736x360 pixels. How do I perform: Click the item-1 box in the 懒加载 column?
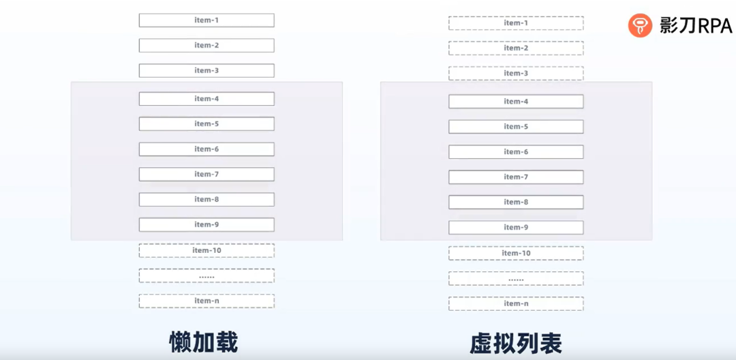pos(206,20)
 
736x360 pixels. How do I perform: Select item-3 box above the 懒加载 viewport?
pos(206,71)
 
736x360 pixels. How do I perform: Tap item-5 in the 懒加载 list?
pos(206,124)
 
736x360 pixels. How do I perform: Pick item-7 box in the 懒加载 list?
pos(206,175)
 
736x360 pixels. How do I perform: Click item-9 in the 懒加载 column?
pos(206,225)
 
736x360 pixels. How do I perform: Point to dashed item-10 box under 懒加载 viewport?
pos(206,250)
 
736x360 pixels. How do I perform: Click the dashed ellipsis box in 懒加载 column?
pos(206,275)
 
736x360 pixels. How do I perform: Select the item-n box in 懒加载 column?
pos(206,301)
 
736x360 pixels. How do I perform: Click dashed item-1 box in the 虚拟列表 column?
pos(516,23)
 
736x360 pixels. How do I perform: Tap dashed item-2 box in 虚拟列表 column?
pos(516,48)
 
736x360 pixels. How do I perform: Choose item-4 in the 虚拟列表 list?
pos(516,102)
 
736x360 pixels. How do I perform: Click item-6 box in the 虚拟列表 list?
pos(516,152)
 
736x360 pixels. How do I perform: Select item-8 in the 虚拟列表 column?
pos(516,202)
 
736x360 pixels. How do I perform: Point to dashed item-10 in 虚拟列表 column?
pos(516,253)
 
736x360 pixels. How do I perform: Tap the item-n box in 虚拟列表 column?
pos(516,303)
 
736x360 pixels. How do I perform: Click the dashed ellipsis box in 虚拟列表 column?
pos(516,278)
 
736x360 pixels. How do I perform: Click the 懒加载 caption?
pos(204,342)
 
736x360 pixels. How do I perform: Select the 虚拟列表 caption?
pos(516,343)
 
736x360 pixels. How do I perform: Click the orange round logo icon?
pos(640,26)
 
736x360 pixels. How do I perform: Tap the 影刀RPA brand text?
pos(695,26)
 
